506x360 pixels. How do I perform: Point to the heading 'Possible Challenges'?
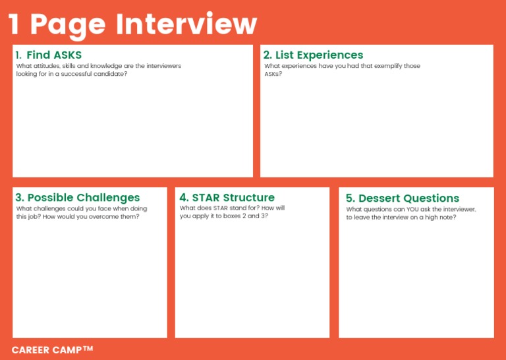click(78, 198)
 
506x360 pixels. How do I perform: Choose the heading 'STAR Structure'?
click(227, 198)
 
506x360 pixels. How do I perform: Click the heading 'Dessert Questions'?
click(403, 198)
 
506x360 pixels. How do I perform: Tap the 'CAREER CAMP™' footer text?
click(53, 349)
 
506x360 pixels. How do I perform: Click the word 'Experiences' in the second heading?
click(329, 55)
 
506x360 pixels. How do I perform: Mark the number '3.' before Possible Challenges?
click(20, 198)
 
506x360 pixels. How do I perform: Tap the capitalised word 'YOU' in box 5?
click(413, 209)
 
